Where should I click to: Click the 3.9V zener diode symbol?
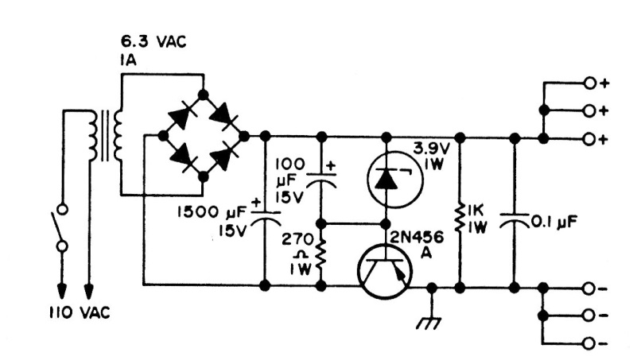click(385, 180)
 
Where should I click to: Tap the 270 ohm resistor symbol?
click(321, 254)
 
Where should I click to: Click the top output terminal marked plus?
click(589, 82)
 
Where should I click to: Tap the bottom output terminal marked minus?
click(589, 343)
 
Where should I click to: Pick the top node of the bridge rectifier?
click(203, 95)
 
